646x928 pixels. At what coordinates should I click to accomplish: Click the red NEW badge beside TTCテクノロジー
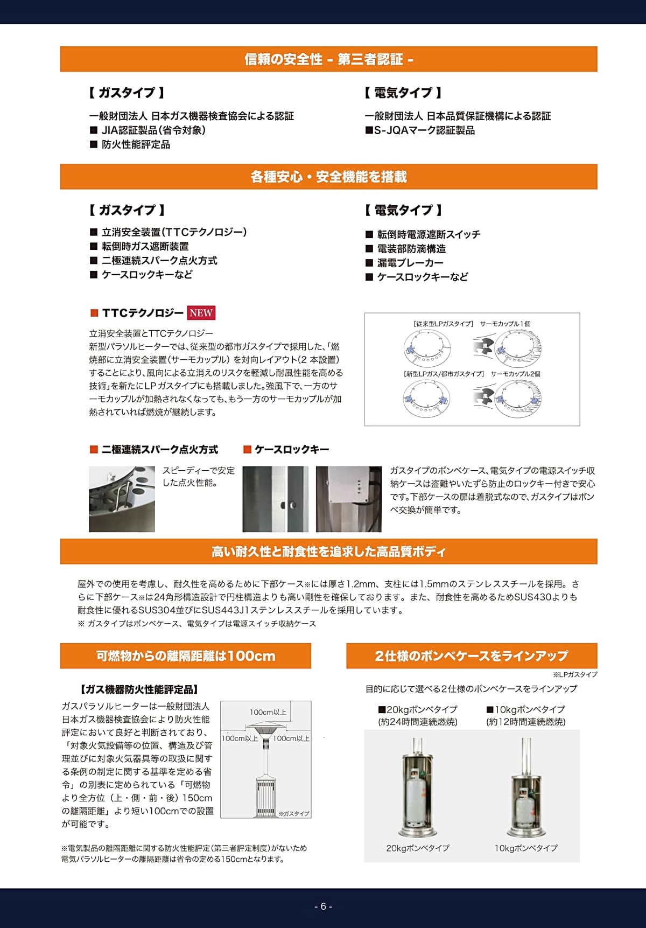point(201,313)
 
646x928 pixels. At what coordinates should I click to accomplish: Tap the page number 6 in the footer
point(323,906)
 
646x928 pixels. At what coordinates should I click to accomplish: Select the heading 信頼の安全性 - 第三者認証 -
point(328,59)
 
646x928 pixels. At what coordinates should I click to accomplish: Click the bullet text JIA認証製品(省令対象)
point(153,130)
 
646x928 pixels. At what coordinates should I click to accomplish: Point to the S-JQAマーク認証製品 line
point(420,130)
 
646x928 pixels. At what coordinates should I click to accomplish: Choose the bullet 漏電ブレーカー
point(410,263)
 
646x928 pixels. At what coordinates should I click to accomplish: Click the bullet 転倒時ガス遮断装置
point(145,246)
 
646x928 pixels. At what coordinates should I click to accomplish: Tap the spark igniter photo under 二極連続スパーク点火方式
point(122,499)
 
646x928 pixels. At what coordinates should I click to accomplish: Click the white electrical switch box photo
point(348,499)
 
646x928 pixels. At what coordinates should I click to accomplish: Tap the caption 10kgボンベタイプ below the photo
point(526,848)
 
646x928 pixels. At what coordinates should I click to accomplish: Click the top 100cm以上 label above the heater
point(268,712)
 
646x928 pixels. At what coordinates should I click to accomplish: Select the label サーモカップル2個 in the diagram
point(515,373)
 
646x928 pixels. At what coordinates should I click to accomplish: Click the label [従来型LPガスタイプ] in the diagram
point(443,324)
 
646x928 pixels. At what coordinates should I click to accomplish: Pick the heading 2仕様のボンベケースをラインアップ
point(471,655)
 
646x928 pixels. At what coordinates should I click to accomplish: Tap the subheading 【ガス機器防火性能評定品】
point(139,689)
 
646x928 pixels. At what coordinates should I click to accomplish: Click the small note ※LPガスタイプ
point(574,674)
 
